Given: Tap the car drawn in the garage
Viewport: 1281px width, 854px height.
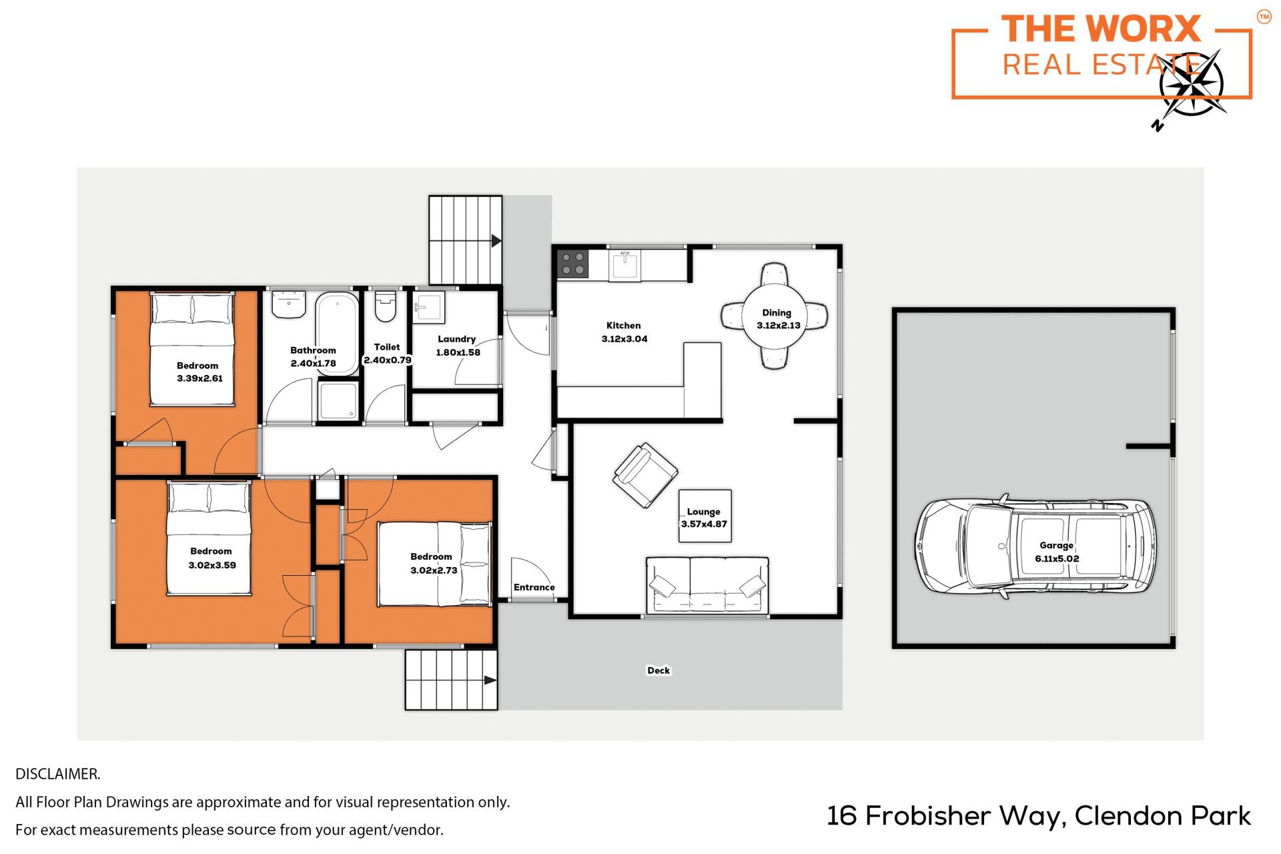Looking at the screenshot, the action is point(1035,546).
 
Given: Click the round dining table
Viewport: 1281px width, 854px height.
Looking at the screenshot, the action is point(775,316).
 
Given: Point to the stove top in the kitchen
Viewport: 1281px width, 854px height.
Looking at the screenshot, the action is point(572,263).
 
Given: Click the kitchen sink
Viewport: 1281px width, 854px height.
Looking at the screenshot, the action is point(624,266).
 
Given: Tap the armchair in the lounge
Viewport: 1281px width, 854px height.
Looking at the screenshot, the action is point(645,475).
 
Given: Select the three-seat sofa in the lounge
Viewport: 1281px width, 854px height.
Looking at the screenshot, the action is point(707,585).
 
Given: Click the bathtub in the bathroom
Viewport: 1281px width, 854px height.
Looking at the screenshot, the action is point(337,326).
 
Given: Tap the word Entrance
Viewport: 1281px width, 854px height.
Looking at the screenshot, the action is point(534,587).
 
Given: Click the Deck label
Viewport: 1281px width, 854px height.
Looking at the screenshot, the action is point(659,671).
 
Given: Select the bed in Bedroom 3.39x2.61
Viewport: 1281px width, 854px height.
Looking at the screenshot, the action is point(192,348).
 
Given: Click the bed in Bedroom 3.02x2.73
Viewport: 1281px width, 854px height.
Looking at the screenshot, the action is point(435,564).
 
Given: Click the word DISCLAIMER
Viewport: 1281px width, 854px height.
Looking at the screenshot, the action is point(58,774).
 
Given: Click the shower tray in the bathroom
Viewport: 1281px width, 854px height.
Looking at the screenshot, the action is point(338,400).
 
